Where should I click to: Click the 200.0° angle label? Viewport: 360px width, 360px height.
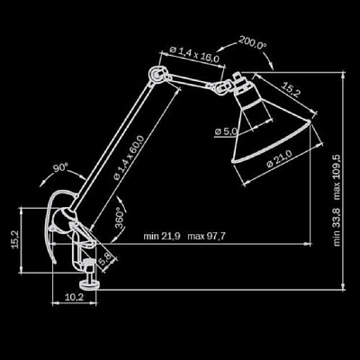(252, 43)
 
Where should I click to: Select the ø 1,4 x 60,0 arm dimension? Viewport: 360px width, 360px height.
(130, 157)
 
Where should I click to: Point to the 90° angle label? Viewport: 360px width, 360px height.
(61, 167)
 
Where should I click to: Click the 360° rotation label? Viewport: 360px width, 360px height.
(121, 218)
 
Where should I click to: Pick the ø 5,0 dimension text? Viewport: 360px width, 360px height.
(226, 131)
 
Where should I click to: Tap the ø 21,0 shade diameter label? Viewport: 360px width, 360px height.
(279, 159)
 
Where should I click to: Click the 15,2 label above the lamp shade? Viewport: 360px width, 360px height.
(291, 90)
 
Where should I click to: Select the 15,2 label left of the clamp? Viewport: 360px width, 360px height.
(15, 240)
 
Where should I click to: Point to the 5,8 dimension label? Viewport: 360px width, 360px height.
(105, 259)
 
